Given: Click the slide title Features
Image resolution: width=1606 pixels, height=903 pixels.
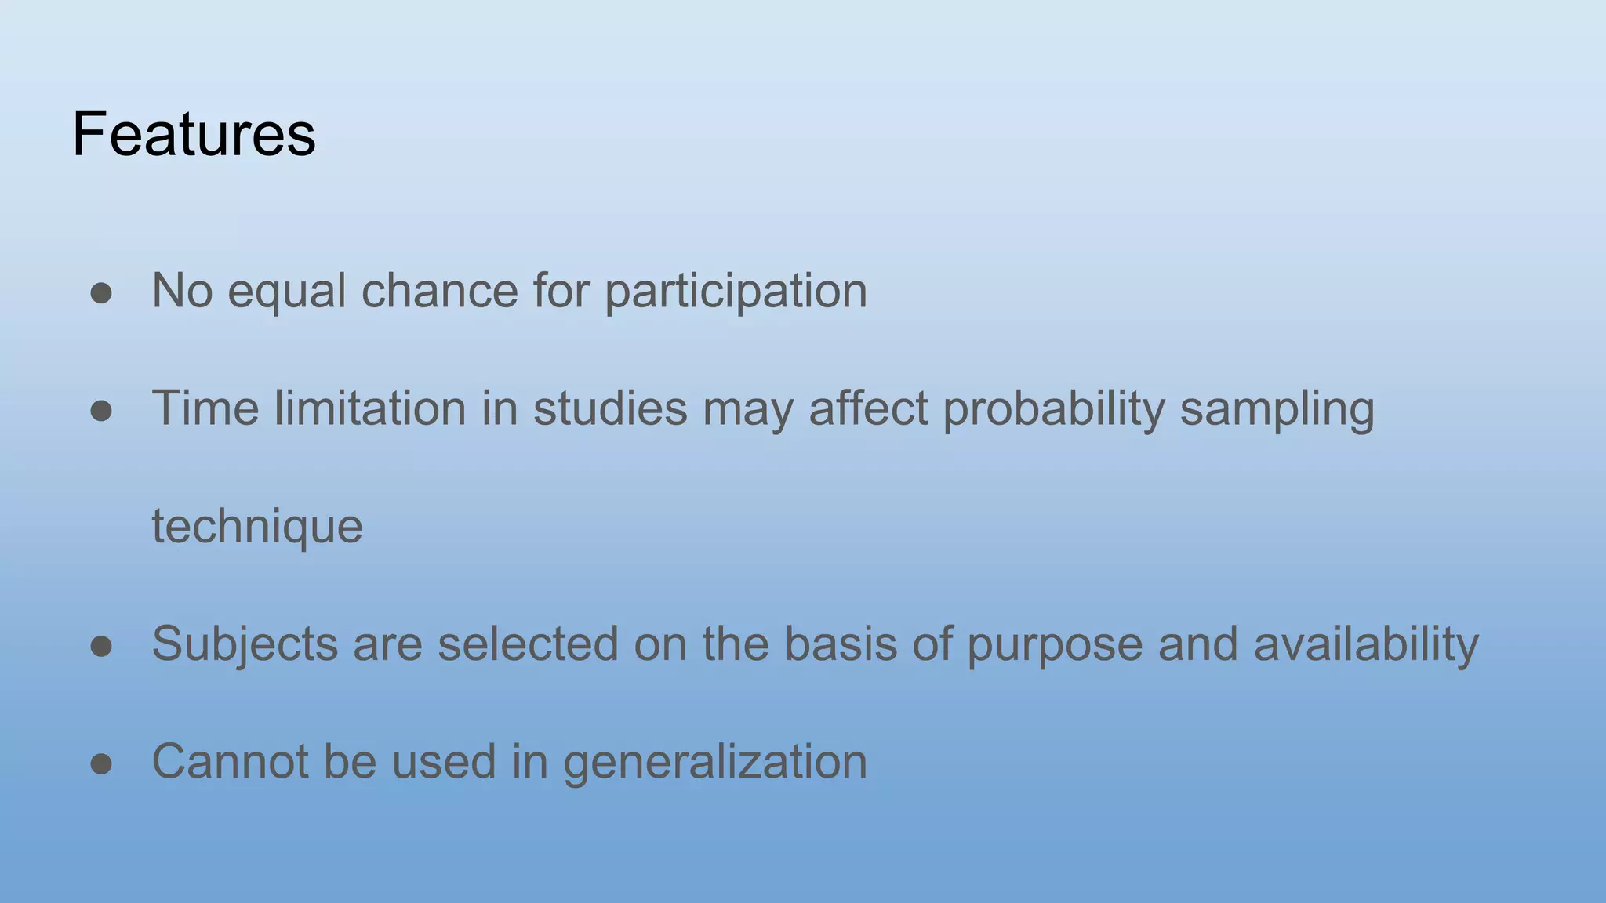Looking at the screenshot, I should point(194,134).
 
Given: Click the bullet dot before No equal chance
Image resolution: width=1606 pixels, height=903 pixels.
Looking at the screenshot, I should point(101,293).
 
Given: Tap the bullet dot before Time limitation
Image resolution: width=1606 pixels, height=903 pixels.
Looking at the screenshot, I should point(101,411).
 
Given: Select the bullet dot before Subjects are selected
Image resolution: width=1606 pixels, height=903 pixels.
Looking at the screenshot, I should point(101,646).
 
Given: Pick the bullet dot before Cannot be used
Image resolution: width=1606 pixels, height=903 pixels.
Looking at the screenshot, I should point(101,763).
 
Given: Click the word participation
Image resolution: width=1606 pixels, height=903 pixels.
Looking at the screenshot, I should point(736,292).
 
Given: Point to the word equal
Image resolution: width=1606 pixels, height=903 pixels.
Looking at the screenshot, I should point(286,292).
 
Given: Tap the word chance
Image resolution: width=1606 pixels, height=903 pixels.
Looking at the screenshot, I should point(439,291).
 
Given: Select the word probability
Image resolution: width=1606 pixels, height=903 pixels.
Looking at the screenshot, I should point(1054,409).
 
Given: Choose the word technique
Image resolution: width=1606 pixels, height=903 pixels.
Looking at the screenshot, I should point(257,527).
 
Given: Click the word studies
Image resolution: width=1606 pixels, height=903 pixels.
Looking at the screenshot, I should point(610,408).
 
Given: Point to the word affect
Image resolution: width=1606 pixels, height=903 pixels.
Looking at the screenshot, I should point(868,408).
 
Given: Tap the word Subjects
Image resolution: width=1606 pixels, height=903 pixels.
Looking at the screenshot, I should point(245,644).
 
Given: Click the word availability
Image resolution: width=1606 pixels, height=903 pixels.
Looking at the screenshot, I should point(1366,644).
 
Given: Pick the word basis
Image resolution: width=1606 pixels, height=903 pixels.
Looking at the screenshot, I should point(841,644).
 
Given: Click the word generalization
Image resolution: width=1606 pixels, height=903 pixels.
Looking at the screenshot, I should point(715,762).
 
